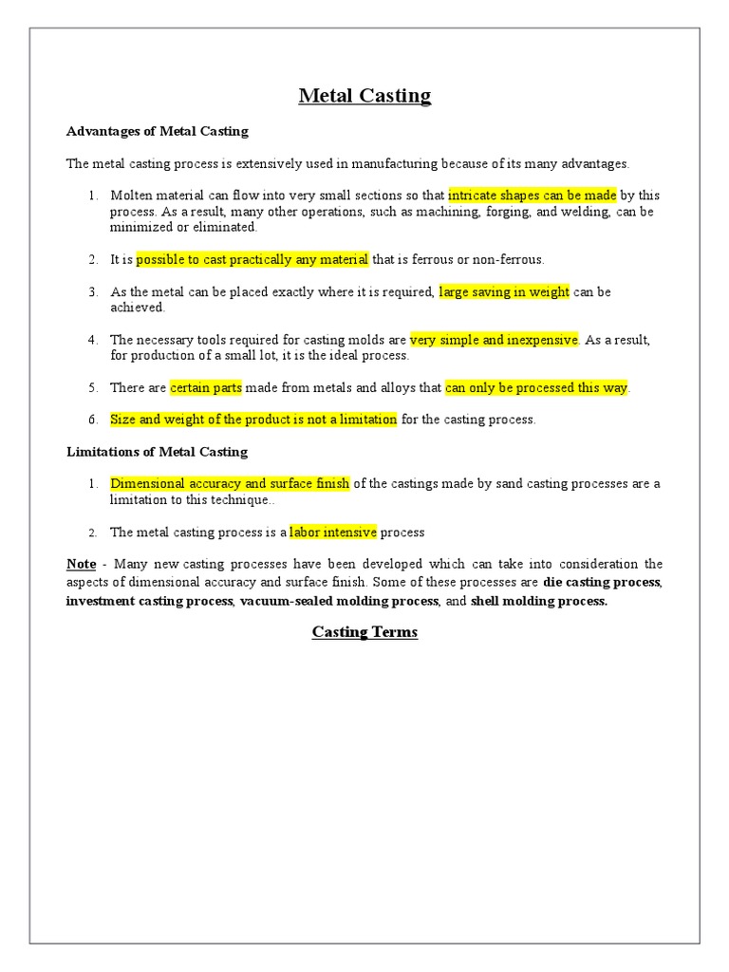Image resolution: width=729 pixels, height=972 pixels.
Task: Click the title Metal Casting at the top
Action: click(364, 95)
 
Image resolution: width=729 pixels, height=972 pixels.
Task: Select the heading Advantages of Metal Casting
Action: click(157, 131)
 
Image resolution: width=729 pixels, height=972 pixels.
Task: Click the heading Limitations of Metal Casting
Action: click(157, 452)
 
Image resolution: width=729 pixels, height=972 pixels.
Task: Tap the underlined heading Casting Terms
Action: click(364, 632)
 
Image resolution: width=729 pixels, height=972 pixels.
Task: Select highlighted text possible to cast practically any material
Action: click(252, 259)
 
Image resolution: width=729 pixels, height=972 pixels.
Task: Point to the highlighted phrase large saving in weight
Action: click(504, 291)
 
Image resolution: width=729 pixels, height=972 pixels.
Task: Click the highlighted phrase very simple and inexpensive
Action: click(494, 340)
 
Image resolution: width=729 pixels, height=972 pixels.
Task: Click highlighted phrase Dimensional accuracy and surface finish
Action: click(230, 483)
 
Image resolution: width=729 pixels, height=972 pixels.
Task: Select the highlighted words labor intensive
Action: click(333, 532)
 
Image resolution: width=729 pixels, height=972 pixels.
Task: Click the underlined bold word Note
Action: click(81, 564)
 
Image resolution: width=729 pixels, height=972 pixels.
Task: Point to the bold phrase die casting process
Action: click(602, 581)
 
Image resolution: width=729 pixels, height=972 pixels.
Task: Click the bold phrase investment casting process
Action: click(149, 602)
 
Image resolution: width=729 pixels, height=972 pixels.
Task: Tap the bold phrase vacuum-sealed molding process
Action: click(339, 602)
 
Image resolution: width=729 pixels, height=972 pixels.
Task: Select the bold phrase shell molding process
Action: click(538, 602)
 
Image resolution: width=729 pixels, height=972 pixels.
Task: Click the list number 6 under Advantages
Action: click(93, 420)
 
